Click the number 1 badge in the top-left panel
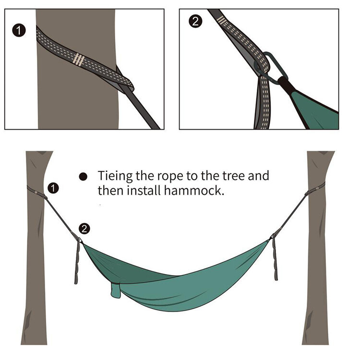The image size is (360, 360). coord(19,30)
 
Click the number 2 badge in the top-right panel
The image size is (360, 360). coord(195,21)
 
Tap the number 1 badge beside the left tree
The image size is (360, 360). coord(53,188)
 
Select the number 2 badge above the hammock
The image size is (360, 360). coord(84,228)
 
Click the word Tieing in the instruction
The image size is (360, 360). coord(115,176)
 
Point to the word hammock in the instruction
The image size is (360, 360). coord(194,191)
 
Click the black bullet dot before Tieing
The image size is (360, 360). coord(83,177)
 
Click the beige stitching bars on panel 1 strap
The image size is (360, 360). coord(78,60)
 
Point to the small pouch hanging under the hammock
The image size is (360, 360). coord(116,290)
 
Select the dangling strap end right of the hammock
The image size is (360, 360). coord(275,259)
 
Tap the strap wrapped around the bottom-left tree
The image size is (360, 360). coord(37,192)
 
